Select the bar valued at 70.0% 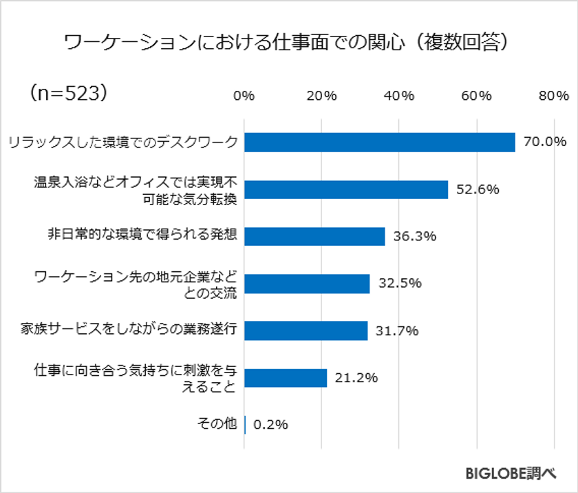(380, 142)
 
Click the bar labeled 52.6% (346, 189)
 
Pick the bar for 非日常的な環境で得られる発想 (314, 236)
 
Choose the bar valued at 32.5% (307, 284)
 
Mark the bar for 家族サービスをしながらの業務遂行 (306, 331)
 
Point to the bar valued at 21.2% (286, 378)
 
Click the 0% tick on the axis (244, 96)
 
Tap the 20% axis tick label (321, 96)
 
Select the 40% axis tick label (399, 96)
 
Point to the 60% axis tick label (476, 96)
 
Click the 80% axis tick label (554, 96)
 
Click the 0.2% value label (270, 425)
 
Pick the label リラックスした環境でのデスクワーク (123, 143)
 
